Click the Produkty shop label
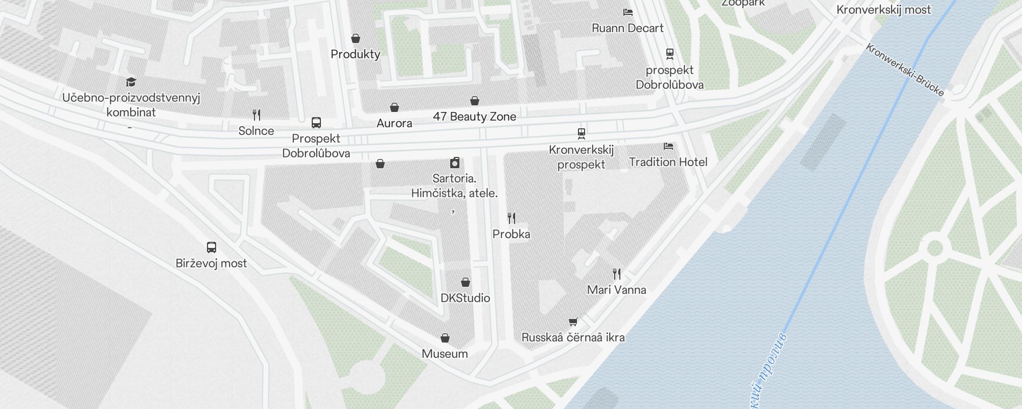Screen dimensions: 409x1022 pyautogui.click(x=355, y=54)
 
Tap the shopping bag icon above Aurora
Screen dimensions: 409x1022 pyautogui.click(x=394, y=107)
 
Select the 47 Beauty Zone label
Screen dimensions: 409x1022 pyautogui.click(x=474, y=117)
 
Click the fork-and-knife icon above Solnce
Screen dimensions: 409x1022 pyautogui.click(x=257, y=115)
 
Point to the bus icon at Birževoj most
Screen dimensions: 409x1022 pyautogui.click(x=211, y=247)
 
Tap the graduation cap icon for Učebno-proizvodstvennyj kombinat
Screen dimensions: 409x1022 pyautogui.click(x=131, y=82)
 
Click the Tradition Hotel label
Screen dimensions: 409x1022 pyautogui.click(x=668, y=162)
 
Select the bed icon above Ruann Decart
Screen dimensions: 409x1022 pyautogui.click(x=628, y=12)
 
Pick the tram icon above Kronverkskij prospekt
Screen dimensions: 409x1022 pyautogui.click(x=581, y=133)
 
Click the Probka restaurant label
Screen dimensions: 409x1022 pyautogui.click(x=511, y=234)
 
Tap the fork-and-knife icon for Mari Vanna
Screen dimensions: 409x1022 pyautogui.click(x=617, y=274)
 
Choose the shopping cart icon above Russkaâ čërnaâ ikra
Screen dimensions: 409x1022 pyautogui.click(x=573, y=322)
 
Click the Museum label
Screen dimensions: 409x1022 pyautogui.click(x=445, y=354)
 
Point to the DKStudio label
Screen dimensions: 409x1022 pyautogui.click(x=465, y=298)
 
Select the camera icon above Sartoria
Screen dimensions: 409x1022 pyautogui.click(x=454, y=163)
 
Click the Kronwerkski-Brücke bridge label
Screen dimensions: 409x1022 pyautogui.click(x=905, y=70)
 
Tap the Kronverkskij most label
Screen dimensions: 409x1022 pyautogui.click(x=884, y=10)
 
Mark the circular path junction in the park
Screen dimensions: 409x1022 pyautogui.click(x=935, y=248)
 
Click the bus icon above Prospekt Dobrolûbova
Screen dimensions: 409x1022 pyautogui.click(x=316, y=123)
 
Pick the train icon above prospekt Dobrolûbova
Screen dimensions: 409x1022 pyautogui.click(x=669, y=54)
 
